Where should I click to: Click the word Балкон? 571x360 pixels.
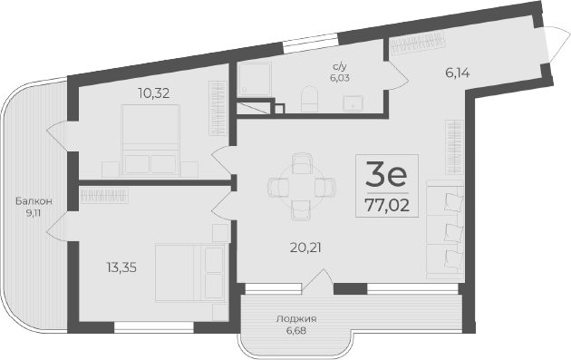tap(34, 200)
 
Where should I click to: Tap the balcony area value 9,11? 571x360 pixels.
tap(34, 214)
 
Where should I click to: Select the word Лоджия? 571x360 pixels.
tap(296, 319)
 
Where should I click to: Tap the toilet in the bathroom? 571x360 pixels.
tap(308, 97)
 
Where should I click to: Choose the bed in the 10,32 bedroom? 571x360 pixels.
tap(150, 140)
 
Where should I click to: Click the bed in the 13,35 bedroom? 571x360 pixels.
tap(189, 277)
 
